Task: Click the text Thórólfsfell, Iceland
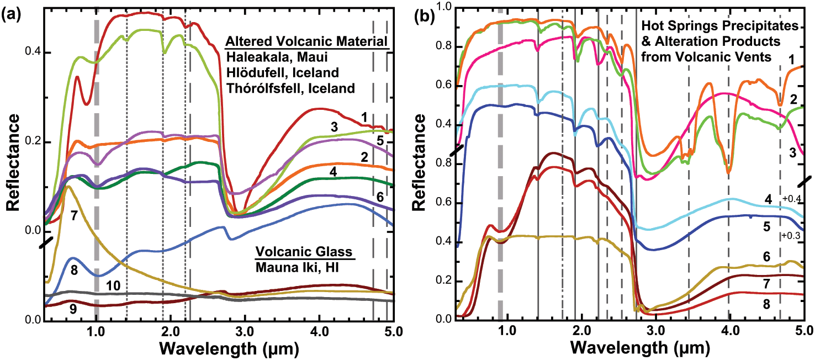point(294,89)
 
